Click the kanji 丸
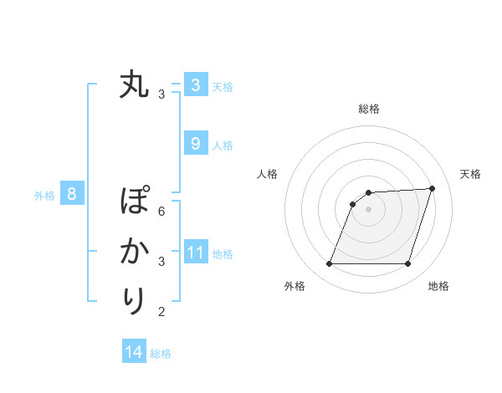134,85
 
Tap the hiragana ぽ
134,202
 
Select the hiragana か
134,251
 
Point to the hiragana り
134,300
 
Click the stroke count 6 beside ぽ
161,212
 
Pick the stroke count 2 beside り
161,312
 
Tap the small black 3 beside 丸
161,95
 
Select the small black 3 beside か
161,262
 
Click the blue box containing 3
195,85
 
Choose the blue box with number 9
195,144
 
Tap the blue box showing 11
196,253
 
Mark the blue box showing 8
72,195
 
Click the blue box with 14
134,352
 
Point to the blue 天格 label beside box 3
223,87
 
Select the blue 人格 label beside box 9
223,145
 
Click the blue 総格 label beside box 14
161,354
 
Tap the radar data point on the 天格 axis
433,188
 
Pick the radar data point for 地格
408,264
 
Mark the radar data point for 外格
329,264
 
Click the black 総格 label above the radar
368,109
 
